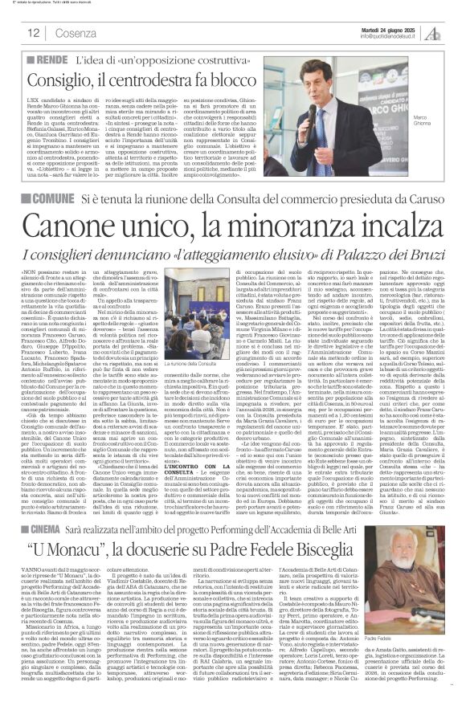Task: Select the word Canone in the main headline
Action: (72, 222)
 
